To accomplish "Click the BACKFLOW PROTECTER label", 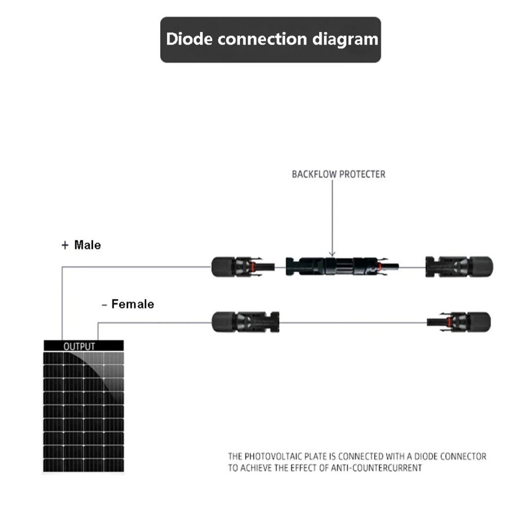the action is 339,174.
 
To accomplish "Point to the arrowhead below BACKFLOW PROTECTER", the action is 332,254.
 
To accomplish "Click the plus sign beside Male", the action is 65,245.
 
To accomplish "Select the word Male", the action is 88,245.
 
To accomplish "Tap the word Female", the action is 132,304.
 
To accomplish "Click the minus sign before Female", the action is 104,305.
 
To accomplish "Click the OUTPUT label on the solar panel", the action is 79,346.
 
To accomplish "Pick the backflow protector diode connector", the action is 342,266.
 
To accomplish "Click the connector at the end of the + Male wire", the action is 243,267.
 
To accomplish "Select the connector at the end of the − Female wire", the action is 245,322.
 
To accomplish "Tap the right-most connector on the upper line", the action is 459,267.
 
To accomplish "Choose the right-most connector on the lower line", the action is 458,322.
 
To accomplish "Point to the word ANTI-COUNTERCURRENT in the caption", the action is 376,468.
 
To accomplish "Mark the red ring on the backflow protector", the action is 380,266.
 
